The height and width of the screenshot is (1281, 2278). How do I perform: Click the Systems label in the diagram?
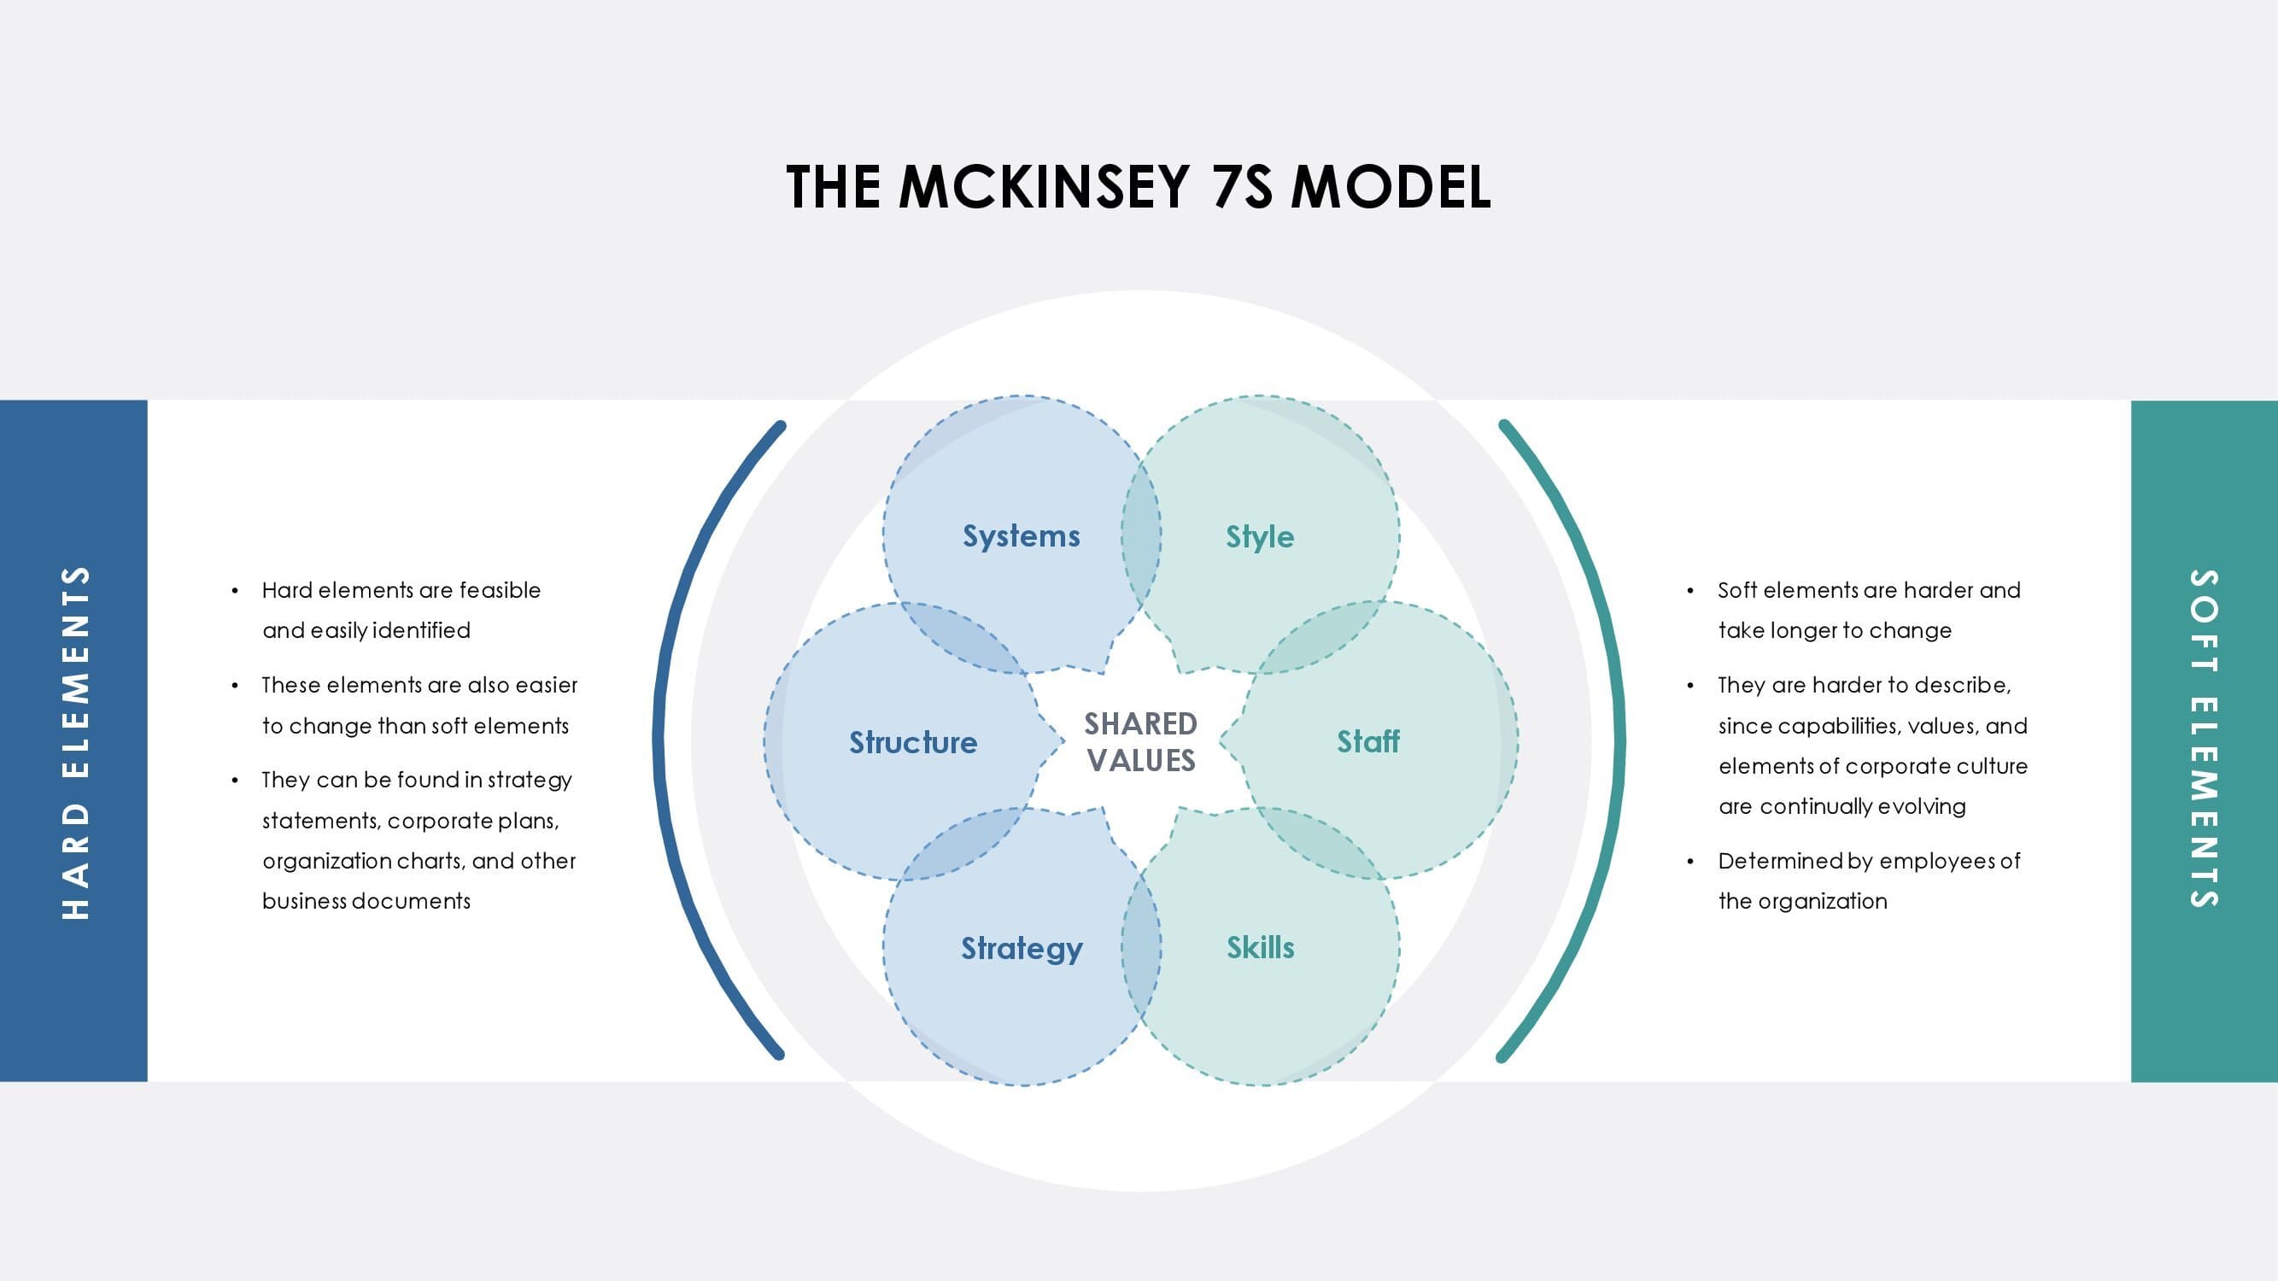click(x=1022, y=536)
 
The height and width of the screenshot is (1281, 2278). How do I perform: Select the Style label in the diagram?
click(x=1260, y=536)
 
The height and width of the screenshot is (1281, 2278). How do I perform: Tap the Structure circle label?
click(x=913, y=743)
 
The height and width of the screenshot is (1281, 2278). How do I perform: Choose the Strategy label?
click(x=1022, y=949)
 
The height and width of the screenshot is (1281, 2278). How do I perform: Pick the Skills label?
click(x=1260, y=948)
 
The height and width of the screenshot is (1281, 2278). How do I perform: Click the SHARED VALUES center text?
click(x=1141, y=743)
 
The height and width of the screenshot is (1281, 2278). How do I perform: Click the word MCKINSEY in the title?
click(x=1044, y=186)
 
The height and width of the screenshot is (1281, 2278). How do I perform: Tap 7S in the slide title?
click(x=1243, y=186)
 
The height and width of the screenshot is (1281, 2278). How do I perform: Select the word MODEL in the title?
click(x=1391, y=186)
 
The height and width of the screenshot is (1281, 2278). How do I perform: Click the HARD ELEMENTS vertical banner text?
click(x=76, y=743)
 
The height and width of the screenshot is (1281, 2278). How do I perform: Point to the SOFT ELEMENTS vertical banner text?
click(x=2204, y=739)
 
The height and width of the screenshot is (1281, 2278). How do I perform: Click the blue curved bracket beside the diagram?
click(x=658, y=739)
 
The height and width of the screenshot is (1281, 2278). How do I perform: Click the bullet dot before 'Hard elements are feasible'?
click(x=234, y=591)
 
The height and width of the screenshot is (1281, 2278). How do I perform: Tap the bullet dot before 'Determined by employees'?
click(x=1690, y=861)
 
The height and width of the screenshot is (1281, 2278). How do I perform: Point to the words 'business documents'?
click(x=366, y=901)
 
